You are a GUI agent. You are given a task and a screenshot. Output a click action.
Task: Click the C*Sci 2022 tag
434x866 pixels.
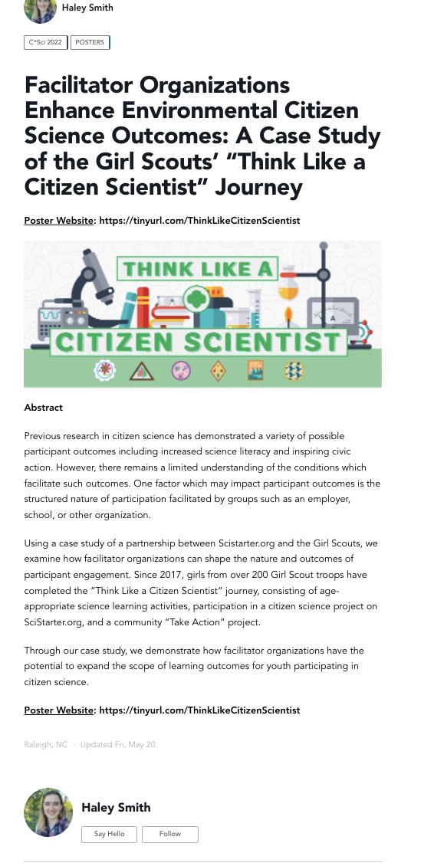(x=46, y=43)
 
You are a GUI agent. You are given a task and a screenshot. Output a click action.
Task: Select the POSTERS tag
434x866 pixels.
(x=90, y=43)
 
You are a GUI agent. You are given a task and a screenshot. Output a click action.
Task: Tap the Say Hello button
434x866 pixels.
(x=110, y=834)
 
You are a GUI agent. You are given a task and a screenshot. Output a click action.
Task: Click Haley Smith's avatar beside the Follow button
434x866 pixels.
(x=48, y=812)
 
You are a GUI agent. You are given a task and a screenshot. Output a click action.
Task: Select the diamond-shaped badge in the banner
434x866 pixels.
(x=218, y=371)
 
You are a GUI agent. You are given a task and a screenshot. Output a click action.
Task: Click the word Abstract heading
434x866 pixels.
(x=44, y=408)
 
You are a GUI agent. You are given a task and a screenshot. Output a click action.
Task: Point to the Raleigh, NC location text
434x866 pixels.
(x=46, y=745)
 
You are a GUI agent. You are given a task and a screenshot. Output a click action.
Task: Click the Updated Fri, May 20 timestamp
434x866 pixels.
(x=117, y=745)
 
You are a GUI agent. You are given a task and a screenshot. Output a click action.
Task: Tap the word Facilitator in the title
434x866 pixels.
(x=83, y=84)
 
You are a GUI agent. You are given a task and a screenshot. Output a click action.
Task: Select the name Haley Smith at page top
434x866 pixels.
(x=87, y=8)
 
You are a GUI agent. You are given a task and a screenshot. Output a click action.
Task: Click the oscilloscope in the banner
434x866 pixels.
(x=46, y=314)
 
